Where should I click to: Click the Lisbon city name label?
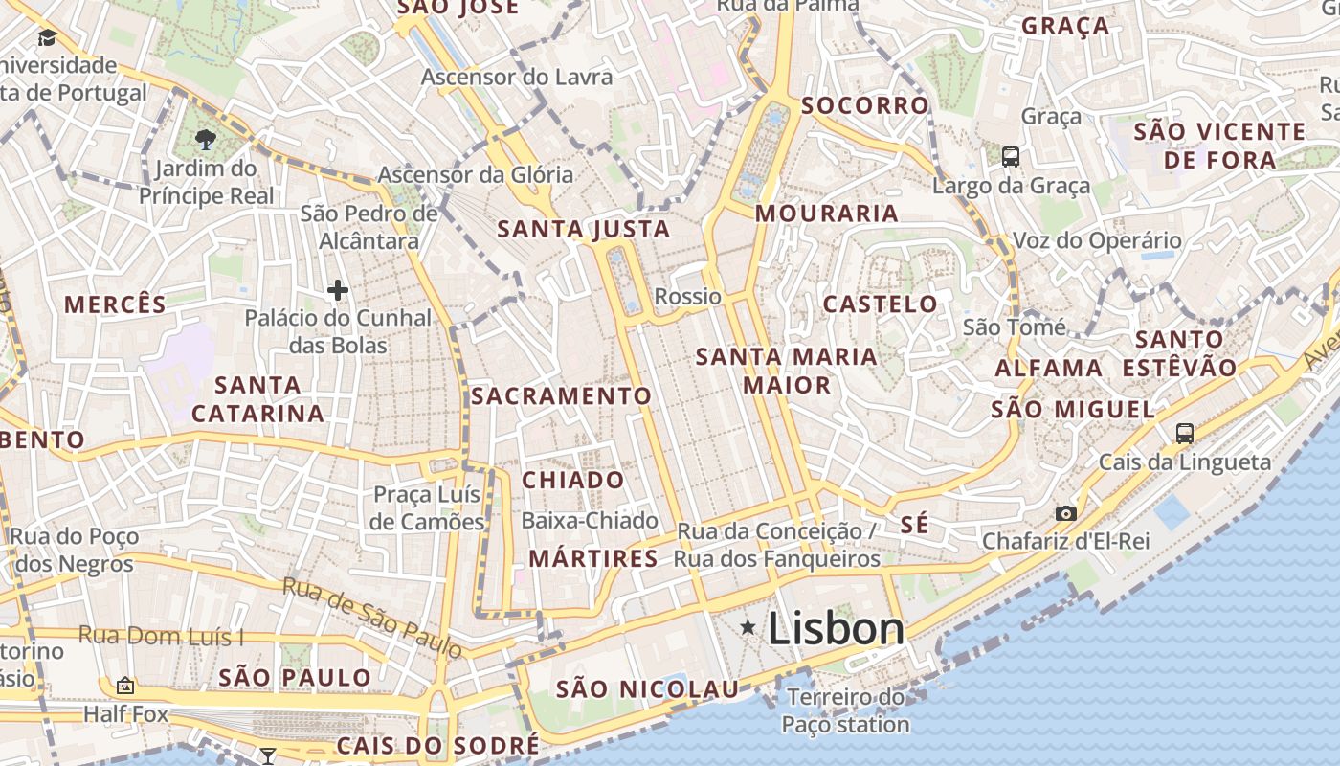[836, 629]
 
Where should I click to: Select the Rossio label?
[687, 297]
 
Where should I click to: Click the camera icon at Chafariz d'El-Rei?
[1065, 514]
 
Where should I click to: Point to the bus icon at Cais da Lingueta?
[1184, 434]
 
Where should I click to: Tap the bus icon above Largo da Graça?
[1010, 157]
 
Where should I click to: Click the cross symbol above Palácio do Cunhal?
[337, 290]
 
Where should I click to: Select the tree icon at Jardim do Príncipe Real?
[205, 141]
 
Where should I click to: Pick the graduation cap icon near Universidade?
[46, 38]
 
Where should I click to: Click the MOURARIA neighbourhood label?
[827, 214]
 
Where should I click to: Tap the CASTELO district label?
[881, 304]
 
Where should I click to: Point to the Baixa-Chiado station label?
[590, 521]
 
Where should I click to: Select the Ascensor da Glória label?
[475, 175]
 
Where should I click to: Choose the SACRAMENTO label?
[561, 395]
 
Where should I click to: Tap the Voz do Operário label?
[1097, 240]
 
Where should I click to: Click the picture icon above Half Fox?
[124, 686]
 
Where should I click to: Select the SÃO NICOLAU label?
[647, 689]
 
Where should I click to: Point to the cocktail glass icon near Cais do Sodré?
[268, 756]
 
